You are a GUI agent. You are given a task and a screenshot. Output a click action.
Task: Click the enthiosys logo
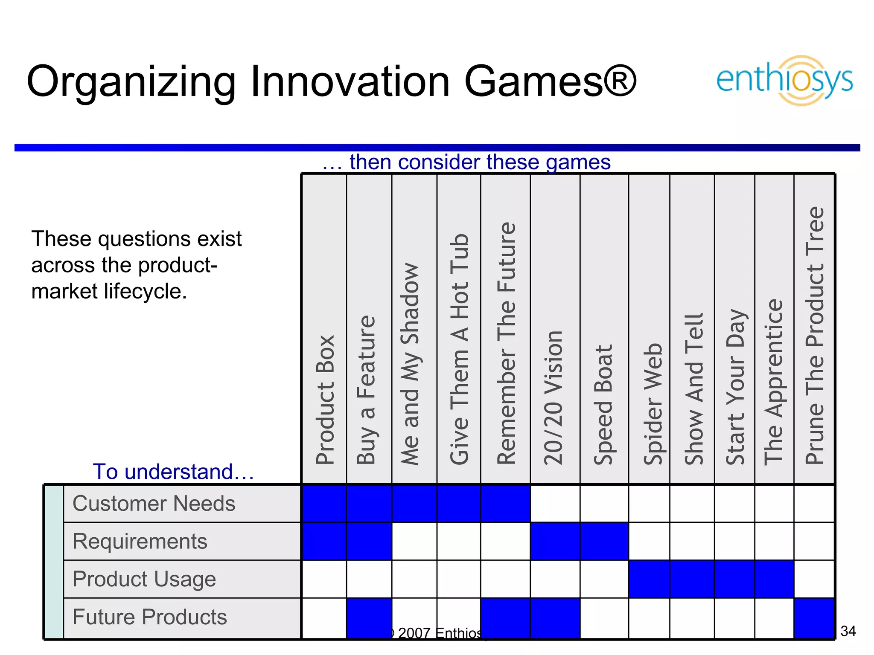(x=784, y=80)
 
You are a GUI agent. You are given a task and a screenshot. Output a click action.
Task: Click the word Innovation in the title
(x=350, y=81)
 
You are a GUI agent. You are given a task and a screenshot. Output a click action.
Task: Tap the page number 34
(x=848, y=631)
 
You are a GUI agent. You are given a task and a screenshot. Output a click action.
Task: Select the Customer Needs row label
(x=154, y=504)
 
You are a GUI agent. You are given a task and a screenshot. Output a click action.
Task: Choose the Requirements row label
(x=140, y=541)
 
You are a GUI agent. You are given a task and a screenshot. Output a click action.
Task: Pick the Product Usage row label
(x=144, y=579)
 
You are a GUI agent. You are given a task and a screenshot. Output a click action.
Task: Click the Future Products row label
(x=149, y=617)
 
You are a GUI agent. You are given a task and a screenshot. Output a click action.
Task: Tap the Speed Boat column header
(x=603, y=404)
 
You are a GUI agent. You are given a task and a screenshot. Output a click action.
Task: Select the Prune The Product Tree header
(x=814, y=335)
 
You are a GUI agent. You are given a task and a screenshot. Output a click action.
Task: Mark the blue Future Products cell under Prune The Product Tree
(x=814, y=618)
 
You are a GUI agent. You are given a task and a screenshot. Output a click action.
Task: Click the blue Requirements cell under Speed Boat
(x=604, y=541)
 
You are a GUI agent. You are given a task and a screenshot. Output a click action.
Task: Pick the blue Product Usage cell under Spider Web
(x=649, y=579)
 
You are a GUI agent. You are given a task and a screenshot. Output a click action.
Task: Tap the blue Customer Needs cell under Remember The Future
(x=505, y=504)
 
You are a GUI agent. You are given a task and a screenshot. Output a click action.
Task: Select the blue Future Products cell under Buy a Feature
(x=369, y=618)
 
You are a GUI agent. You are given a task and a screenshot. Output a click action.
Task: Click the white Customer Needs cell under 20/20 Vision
(x=555, y=504)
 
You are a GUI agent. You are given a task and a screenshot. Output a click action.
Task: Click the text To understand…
(x=173, y=472)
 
